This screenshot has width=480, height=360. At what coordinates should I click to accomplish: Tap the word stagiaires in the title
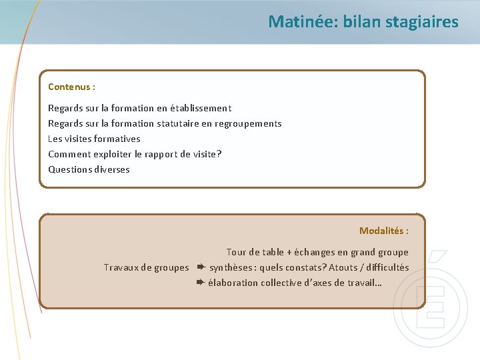click(x=425, y=22)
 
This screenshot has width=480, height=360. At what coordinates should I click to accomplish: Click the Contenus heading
click(x=71, y=87)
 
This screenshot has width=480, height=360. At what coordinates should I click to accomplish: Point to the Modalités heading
click(x=384, y=231)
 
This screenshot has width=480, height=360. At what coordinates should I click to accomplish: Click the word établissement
click(x=201, y=108)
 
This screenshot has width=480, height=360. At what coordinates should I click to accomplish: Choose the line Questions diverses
click(x=89, y=169)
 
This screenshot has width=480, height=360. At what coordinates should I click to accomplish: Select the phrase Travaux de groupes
click(x=146, y=267)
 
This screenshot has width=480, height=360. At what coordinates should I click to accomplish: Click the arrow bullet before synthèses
click(x=199, y=267)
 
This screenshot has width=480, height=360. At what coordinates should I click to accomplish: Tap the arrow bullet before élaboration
click(x=199, y=283)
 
